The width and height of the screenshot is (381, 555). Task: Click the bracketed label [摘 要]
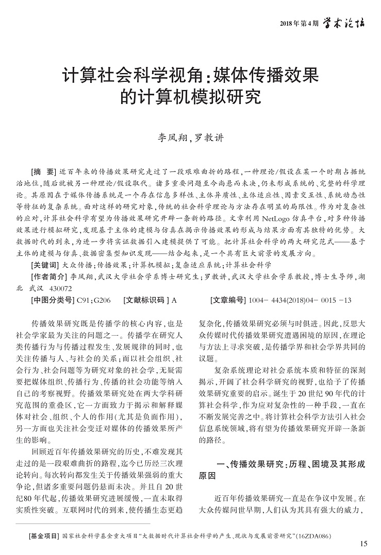coord(44,171)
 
